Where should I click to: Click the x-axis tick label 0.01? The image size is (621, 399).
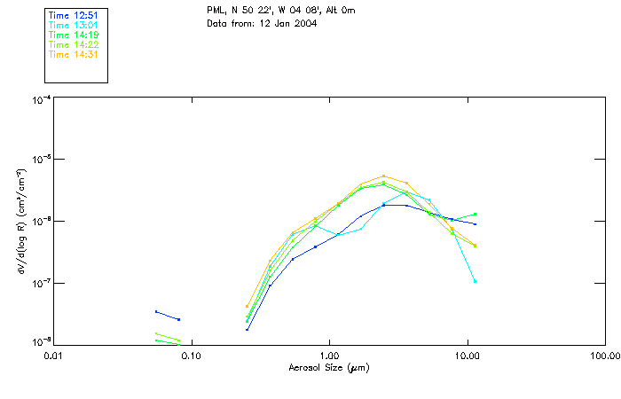pyautogui.click(x=54, y=356)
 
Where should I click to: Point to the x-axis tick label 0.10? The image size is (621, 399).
pyautogui.click(x=192, y=356)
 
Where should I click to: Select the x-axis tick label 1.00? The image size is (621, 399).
pyautogui.click(x=329, y=356)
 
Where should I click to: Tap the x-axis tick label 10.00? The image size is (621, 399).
pyautogui.click(x=467, y=356)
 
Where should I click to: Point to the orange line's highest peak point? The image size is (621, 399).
pyautogui.click(x=383, y=176)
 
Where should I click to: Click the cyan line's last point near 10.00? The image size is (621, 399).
pyautogui.click(x=476, y=281)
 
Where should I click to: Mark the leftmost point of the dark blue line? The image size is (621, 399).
pyautogui.click(x=156, y=311)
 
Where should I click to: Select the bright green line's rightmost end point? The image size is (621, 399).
pyautogui.click(x=476, y=214)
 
